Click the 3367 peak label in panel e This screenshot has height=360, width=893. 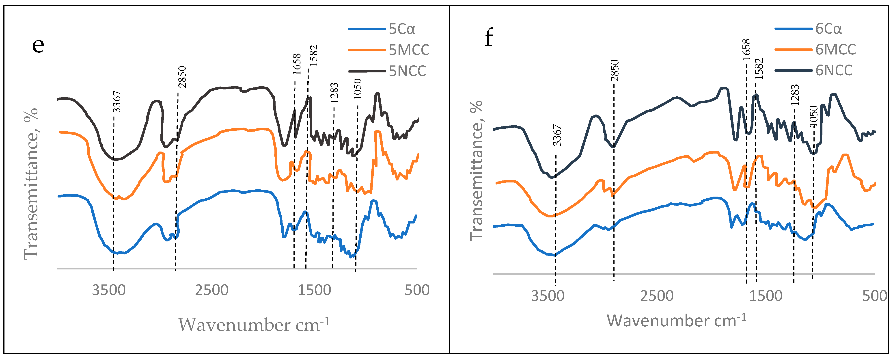pyautogui.click(x=117, y=101)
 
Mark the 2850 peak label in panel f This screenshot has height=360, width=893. pyautogui.click(x=615, y=70)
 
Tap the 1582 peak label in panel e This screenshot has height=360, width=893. pyautogui.click(x=313, y=56)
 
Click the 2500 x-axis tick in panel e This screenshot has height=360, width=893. pyautogui.click(x=211, y=290)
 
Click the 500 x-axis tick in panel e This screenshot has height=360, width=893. pyautogui.click(x=417, y=290)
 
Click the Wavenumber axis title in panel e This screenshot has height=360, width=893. pyautogui.click(x=253, y=325)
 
